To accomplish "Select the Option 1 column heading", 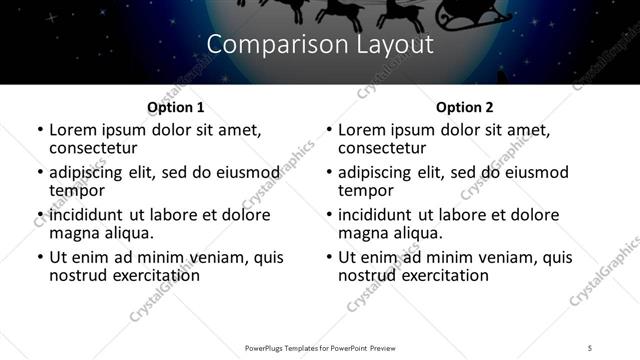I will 175,106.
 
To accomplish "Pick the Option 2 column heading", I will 464,106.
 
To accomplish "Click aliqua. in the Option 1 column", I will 130,233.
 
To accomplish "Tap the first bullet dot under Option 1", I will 39,131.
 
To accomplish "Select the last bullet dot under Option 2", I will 328,258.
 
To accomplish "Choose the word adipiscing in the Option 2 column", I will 376,172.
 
